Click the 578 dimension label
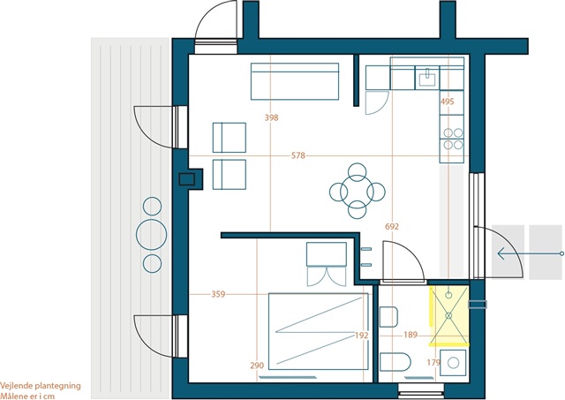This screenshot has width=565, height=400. pyautogui.click(x=298, y=155)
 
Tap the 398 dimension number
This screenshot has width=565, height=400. pyautogui.click(x=271, y=117)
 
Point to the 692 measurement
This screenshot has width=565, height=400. pyautogui.click(x=392, y=226)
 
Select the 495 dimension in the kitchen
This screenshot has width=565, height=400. pyautogui.click(x=448, y=102)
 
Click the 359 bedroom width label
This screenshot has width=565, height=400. pyautogui.click(x=218, y=294)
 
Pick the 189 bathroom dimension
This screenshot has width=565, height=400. pyautogui.click(x=411, y=336)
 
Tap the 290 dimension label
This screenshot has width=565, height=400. pyautogui.click(x=257, y=366)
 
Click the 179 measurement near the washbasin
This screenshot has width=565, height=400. pyautogui.click(x=433, y=363)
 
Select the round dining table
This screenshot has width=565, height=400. pyautogui.click(x=357, y=191)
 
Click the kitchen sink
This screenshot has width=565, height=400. pyautogui.click(x=427, y=78)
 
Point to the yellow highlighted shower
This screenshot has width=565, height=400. pyautogui.click(x=449, y=316)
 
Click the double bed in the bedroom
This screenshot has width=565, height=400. pyautogui.click(x=319, y=331)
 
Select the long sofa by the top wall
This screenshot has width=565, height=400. pyautogui.click(x=295, y=81)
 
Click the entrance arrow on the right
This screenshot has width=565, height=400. pyautogui.click(x=531, y=253)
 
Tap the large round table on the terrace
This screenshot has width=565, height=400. pyautogui.click(x=151, y=235)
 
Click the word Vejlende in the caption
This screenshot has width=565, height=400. pyautogui.click(x=15, y=386)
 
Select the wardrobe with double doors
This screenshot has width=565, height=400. pyautogui.click(x=327, y=264)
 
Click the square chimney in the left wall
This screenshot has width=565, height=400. pyautogui.click(x=187, y=179)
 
